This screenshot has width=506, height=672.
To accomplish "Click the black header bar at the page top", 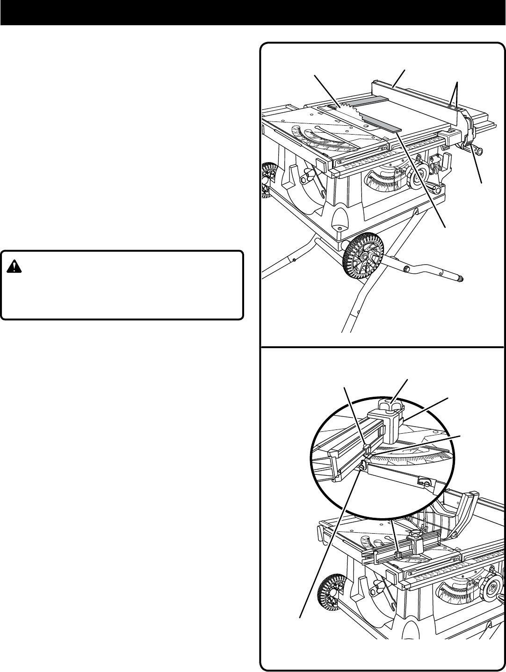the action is pyautogui.click(x=253, y=12).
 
